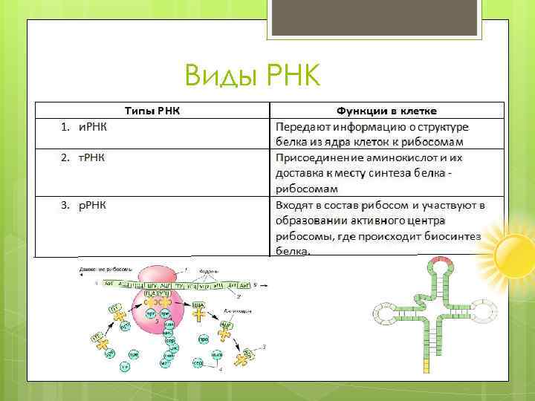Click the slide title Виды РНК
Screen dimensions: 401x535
(252, 74)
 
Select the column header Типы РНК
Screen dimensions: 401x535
(152, 110)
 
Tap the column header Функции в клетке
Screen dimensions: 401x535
(386, 110)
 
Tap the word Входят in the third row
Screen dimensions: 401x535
(295, 205)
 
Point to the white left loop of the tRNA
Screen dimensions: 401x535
(387, 315)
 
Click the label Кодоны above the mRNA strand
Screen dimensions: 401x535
(208, 272)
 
